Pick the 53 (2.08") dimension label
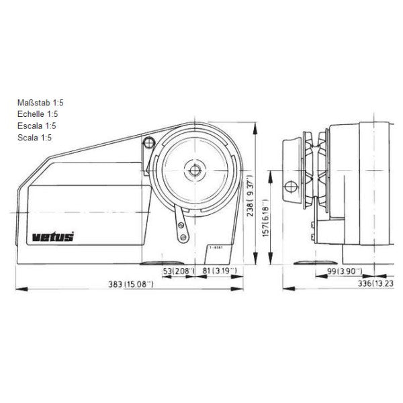(x=179, y=271)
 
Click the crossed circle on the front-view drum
(x=290, y=186)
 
